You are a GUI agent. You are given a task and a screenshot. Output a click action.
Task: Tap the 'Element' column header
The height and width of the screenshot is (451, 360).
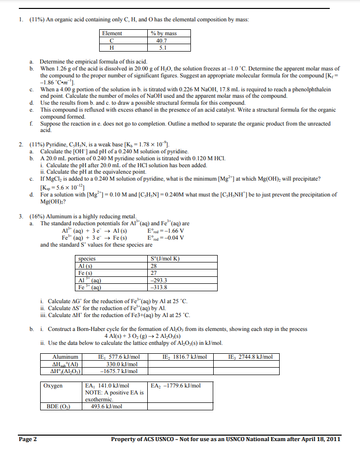click(112, 33)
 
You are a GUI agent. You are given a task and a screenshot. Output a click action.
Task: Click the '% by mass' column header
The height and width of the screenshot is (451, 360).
click(163, 33)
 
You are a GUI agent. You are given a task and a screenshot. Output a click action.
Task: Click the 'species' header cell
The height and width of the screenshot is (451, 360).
click(87, 259)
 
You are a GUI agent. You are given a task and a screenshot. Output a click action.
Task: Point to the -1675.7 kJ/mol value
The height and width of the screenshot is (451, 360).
click(119, 371)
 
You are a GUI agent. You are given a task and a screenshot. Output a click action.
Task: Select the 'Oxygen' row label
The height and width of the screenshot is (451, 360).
click(54, 386)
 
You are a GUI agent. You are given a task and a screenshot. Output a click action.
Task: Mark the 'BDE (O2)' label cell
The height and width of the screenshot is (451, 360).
click(59, 406)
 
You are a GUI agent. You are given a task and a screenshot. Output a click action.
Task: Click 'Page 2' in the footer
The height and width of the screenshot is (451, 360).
click(27, 439)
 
